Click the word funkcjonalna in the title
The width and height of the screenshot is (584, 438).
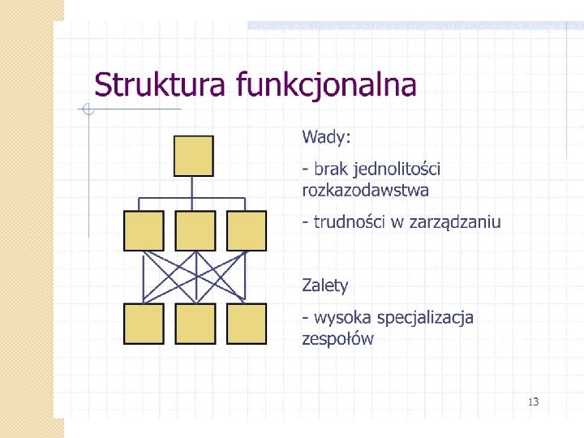click(326, 84)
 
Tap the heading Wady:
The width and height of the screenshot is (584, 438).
click(326, 135)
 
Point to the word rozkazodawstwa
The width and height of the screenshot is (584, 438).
click(365, 191)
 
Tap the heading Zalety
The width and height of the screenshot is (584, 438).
click(324, 285)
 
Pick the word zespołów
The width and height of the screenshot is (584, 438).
click(337, 339)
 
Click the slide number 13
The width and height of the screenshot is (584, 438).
click(533, 401)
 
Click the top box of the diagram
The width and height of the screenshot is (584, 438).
click(194, 156)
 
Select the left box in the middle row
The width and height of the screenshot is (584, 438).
click(144, 230)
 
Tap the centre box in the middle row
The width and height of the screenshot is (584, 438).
click(195, 230)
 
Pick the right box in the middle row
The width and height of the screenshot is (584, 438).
click(247, 230)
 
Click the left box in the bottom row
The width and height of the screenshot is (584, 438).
click(144, 323)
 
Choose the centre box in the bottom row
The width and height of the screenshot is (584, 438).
click(195, 323)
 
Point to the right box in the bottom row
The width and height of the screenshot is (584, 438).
click(247, 323)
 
